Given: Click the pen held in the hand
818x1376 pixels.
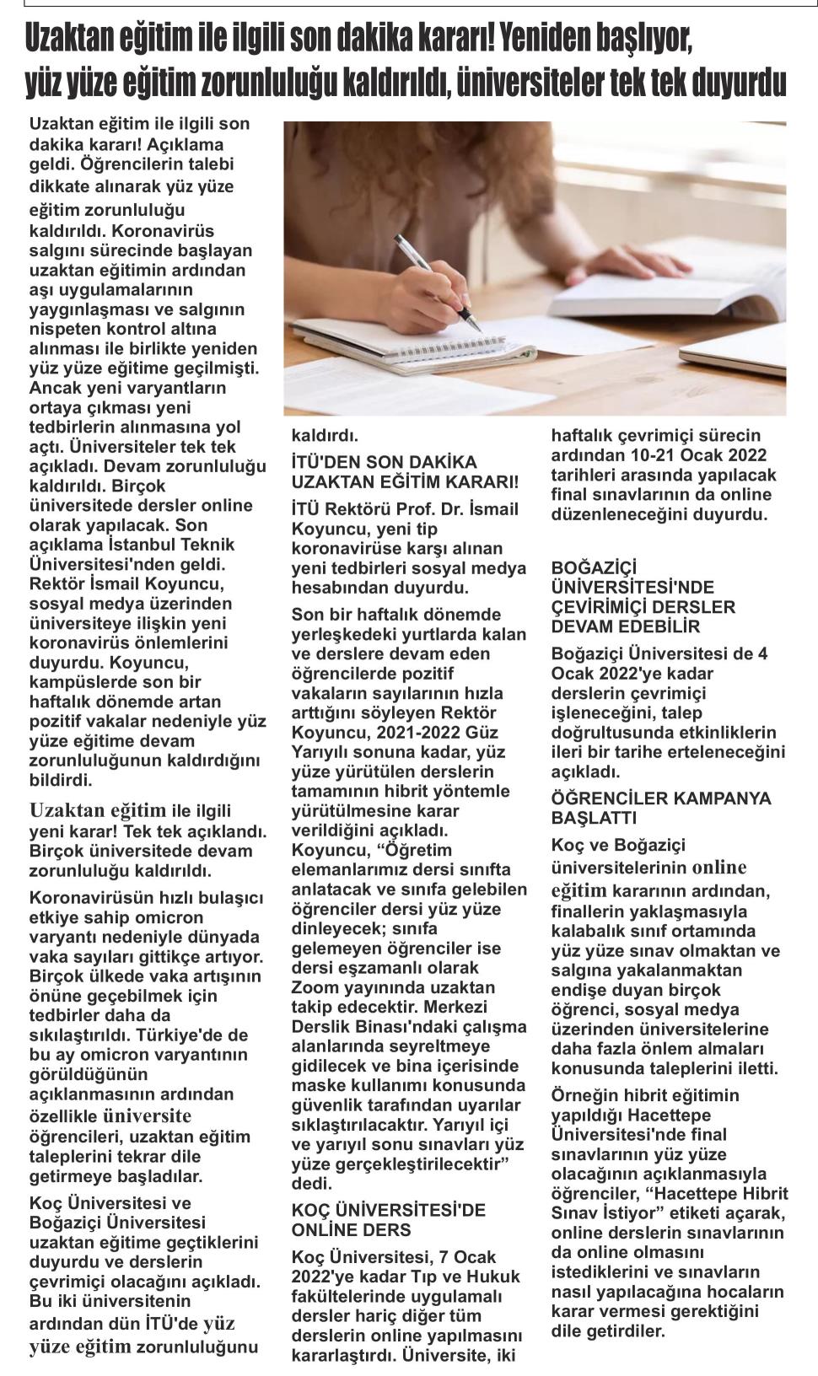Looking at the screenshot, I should click(438, 282).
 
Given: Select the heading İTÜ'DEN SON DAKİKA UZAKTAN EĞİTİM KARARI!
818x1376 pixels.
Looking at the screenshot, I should click(405, 472).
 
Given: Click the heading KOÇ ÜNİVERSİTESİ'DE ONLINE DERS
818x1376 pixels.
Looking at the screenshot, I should click(388, 1220).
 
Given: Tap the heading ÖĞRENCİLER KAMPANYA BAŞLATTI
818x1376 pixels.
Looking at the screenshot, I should click(660, 808).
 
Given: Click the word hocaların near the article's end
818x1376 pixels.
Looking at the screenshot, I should click(746, 1292).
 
